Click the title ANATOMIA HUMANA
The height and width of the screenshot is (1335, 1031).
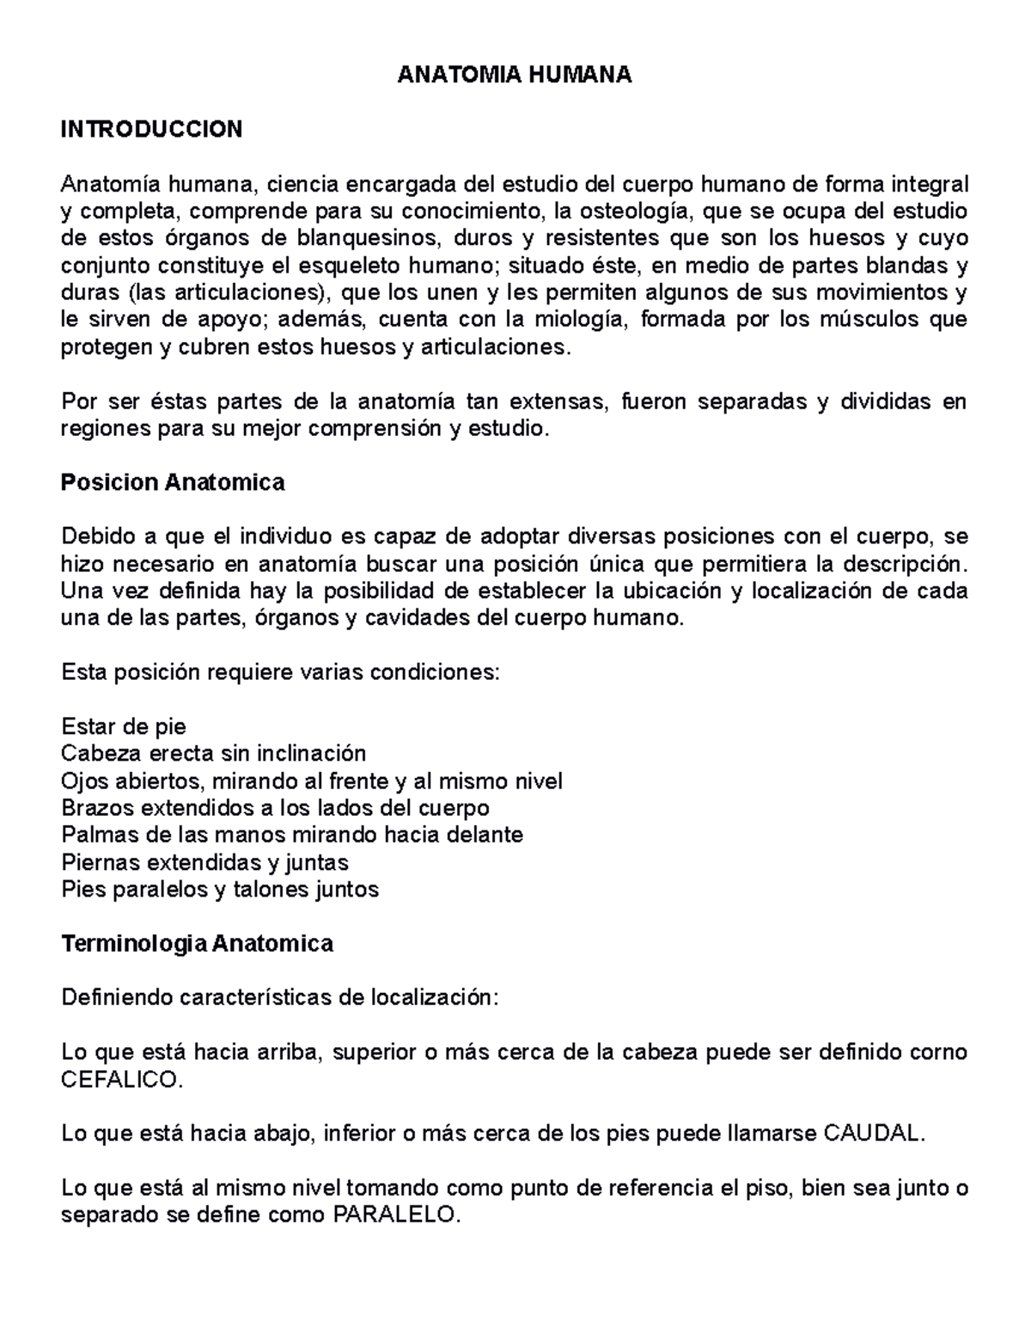514,76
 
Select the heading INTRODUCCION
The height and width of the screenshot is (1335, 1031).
152,130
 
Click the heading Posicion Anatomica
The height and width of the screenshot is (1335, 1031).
173,482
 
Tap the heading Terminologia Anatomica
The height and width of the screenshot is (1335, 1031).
197,944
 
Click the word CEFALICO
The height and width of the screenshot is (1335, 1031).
122,1080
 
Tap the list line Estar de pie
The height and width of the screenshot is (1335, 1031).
124,727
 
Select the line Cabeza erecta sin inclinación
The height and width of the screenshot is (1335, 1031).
214,754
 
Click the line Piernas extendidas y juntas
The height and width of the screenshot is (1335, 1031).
204,862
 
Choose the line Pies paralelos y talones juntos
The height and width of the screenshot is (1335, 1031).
220,889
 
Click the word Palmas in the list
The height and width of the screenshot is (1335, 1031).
95,835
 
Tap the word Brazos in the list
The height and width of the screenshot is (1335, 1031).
96,808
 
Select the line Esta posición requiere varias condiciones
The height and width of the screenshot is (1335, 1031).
279,672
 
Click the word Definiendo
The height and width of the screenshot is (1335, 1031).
116,998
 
